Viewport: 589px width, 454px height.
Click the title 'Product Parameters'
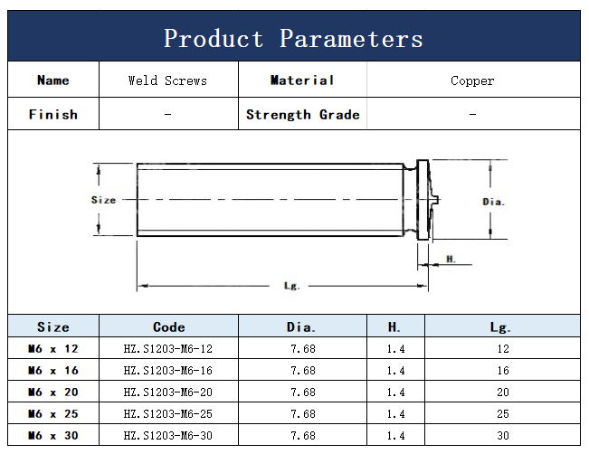pyautogui.click(x=293, y=38)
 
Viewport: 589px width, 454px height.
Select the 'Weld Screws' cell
pyautogui.click(x=167, y=80)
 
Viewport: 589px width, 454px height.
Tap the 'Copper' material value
pyautogui.click(x=472, y=80)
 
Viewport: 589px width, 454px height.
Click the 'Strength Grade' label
pyautogui.click(x=303, y=115)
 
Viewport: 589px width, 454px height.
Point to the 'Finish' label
pyautogui.click(x=53, y=114)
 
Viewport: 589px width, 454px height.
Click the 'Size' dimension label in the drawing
pyautogui.click(x=104, y=200)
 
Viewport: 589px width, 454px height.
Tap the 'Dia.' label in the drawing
pyautogui.click(x=493, y=202)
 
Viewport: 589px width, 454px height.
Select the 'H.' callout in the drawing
pyautogui.click(x=451, y=259)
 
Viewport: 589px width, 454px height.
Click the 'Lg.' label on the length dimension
pyautogui.click(x=291, y=286)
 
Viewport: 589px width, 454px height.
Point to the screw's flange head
pyautogui.click(x=423, y=199)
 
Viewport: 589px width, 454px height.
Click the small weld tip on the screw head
pyautogui.click(x=435, y=199)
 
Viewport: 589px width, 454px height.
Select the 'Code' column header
pyautogui.click(x=168, y=326)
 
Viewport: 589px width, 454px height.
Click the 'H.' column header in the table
pyautogui.click(x=394, y=326)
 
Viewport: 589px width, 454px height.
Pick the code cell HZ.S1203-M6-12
pyautogui.click(x=168, y=349)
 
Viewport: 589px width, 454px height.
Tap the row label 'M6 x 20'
pyautogui.click(x=53, y=392)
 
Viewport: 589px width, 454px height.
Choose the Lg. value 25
pyautogui.click(x=503, y=414)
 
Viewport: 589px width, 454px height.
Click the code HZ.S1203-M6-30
pyautogui.click(x=168, y=436)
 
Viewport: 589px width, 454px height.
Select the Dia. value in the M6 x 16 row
pyautogui.click(x=303, y=371)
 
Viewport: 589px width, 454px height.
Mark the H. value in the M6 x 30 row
pyautogui.click(x=396, y=436)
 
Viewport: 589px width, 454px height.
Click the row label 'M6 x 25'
pyautogui.click(x=53, y=414)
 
